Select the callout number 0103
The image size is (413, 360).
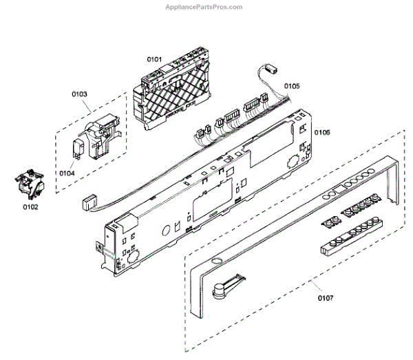pos(80,94)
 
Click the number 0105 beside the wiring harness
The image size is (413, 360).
pos(292,87)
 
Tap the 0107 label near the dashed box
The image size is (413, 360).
pos(326,299)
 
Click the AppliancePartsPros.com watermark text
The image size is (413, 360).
pos(204,7)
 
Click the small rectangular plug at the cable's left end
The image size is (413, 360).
pos(87,202)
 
